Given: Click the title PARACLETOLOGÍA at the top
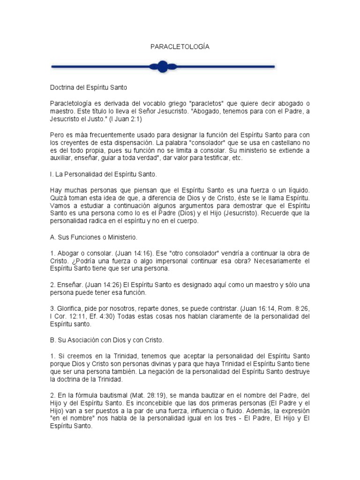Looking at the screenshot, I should [180, 47].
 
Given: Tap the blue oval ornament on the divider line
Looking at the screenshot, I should [162, 67].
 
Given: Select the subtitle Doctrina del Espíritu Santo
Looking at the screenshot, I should [89, 88].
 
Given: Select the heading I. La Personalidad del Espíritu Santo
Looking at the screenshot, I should [103, 174].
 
